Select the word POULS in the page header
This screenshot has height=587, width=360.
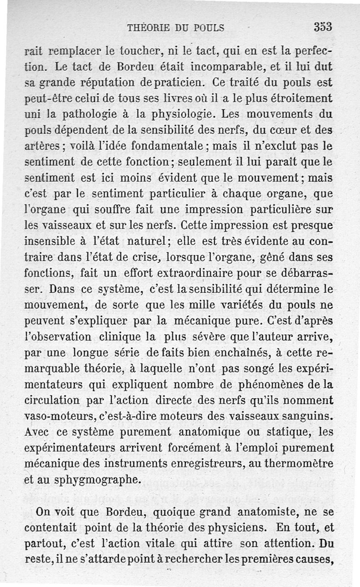point(208,28)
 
